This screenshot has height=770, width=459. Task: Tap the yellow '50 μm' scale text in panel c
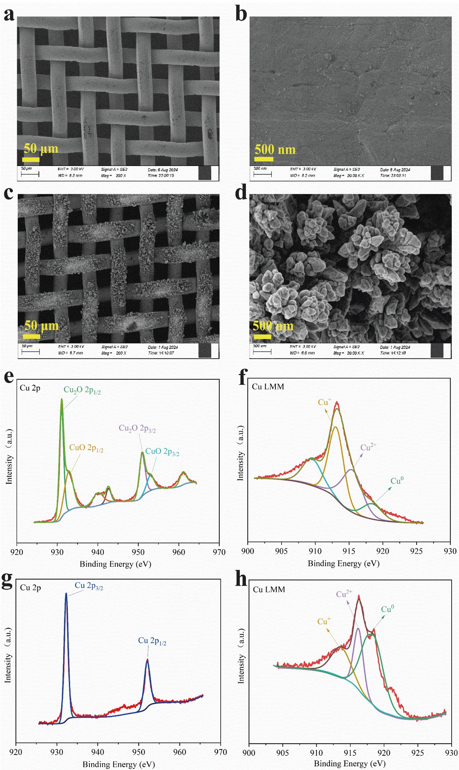(x=41, y=325)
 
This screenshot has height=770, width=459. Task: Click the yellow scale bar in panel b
(x=264, y=159)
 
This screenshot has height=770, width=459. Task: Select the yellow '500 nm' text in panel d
(x=273, y=326)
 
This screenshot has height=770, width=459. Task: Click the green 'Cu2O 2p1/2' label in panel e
(x=82, y=390)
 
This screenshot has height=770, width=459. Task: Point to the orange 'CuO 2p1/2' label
(x=86, y=448)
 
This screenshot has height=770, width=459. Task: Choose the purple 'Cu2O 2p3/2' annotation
(x=137, y=428)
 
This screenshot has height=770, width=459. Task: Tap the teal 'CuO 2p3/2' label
(x=162, y=452)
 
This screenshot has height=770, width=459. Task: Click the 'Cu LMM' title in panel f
(x=268, y=387)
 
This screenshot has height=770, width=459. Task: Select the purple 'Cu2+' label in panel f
(x=368, y=447)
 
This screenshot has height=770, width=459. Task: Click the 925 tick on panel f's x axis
(x=417, y=551)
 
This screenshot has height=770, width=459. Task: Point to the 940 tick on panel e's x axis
(x=98, y=552)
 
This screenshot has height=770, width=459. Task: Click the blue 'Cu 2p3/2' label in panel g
(x=89, y=586)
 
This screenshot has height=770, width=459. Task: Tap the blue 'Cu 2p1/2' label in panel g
(x=152, y=641)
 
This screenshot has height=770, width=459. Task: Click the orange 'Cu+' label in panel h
(x=324, y=621)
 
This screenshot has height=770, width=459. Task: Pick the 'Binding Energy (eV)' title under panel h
(x=350, y=763)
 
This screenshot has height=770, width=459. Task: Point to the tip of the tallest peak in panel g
(x=66, y=594)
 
